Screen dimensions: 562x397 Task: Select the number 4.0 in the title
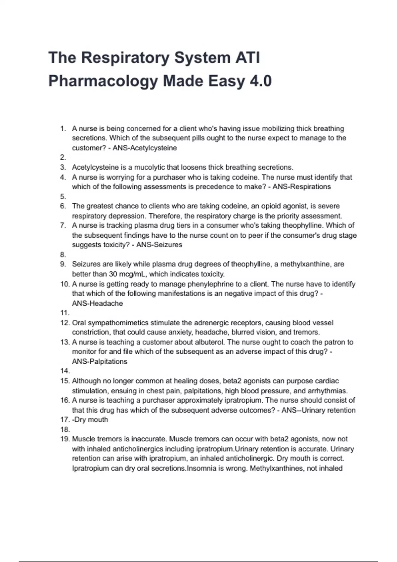tap(260, 81)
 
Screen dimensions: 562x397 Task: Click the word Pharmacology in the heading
tap(103, 81)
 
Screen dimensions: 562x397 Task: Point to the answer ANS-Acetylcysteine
tap(145, 148)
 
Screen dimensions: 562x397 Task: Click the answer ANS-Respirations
tap(301, 187)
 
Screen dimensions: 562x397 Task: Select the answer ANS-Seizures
tap(159, 245)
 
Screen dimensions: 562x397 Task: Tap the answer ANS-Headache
tap(97, 303)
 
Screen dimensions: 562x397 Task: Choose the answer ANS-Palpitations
tap(100, 361)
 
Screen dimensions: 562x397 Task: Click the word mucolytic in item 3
tap(148, 167)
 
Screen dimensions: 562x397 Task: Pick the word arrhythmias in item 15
tap(328, 391)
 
